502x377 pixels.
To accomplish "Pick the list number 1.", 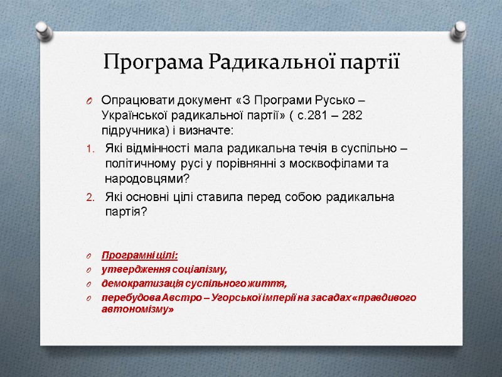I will pyautogui.click(x=88, y=149).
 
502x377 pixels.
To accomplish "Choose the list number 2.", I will pyautogui.click(x=88, y=197).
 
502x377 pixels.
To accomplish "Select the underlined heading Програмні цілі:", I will pyautogui.click(x=139, y=255).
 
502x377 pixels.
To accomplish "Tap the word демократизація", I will pyautogui.click(x=139, y=283).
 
